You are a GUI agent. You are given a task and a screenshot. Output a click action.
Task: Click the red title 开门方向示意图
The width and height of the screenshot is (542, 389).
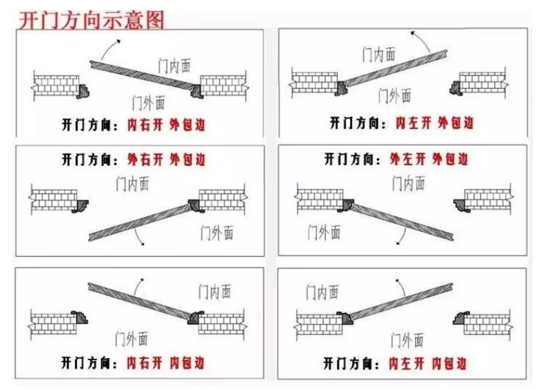tap(91, 20)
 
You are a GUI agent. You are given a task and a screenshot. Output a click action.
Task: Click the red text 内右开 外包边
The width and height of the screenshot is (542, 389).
tap(167, 124)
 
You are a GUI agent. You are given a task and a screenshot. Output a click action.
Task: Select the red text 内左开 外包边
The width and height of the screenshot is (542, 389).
tap(435, 123)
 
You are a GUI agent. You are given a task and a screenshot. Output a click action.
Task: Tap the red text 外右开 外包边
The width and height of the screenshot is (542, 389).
tap(167, 160)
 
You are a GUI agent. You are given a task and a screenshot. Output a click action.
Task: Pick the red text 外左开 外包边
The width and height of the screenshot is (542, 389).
tap(429, 159)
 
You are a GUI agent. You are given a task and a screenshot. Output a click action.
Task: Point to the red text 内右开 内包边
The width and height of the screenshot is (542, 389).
tap(166, 363)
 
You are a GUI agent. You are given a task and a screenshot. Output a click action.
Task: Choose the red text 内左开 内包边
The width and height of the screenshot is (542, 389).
tap(428, 364)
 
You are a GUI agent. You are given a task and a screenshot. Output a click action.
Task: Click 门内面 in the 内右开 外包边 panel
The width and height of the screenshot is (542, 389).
tap(174, 66)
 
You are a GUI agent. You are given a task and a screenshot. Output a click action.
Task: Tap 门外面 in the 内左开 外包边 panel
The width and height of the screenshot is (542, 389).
tap(395, 95)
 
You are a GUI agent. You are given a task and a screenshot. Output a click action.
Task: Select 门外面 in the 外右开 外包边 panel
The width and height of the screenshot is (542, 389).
tap(217, 233)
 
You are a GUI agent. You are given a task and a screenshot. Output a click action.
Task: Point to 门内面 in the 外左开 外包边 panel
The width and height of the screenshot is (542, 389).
tap(409, 183)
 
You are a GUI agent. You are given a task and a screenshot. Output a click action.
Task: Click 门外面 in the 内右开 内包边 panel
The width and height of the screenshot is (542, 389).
tap(131, 339)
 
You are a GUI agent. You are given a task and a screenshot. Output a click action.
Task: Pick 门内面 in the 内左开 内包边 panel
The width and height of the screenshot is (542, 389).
tap(322, 292)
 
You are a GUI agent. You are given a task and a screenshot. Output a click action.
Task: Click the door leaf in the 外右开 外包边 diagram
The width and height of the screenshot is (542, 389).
tap(140, 222)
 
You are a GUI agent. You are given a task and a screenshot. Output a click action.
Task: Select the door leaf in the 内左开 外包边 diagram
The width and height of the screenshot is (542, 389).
tap(396, 68)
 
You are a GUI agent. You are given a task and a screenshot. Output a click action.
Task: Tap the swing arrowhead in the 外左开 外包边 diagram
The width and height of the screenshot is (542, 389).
tap(398, 243)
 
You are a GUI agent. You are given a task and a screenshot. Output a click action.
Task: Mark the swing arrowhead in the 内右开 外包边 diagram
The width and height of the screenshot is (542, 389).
tap(119, 42)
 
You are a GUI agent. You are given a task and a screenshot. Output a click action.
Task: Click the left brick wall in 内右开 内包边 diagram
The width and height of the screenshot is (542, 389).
tap(53, 324)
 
